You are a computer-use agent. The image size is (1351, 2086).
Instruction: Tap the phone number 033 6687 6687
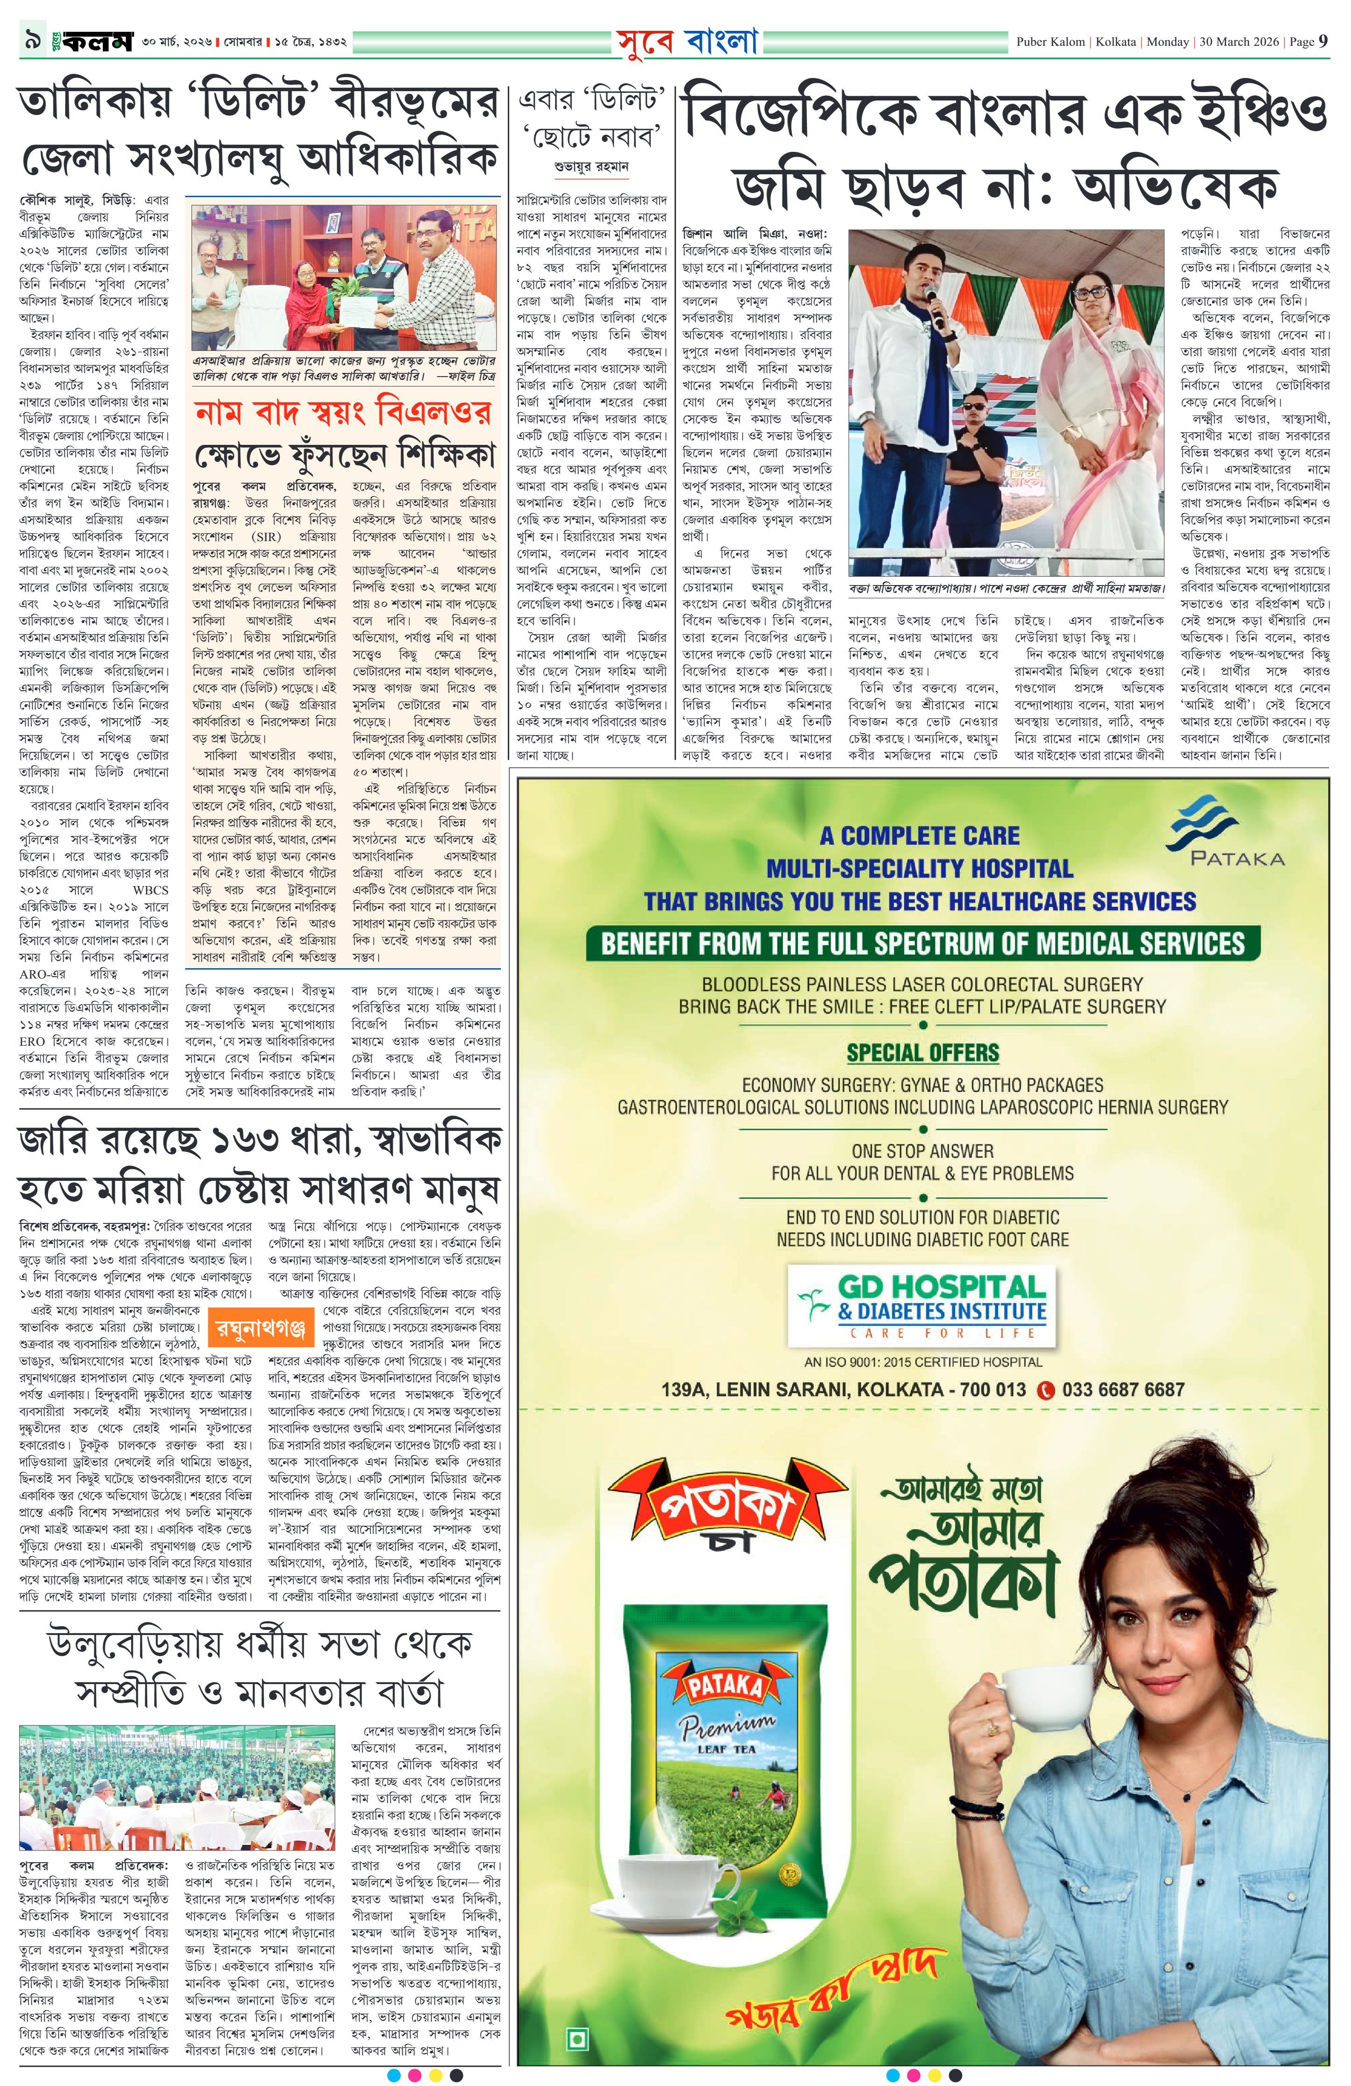(x=1122, y=1389)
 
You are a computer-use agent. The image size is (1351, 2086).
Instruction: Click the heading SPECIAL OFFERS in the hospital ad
(x=923, y=1053)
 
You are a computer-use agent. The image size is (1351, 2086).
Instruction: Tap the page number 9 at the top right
(x=1322, y=41)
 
